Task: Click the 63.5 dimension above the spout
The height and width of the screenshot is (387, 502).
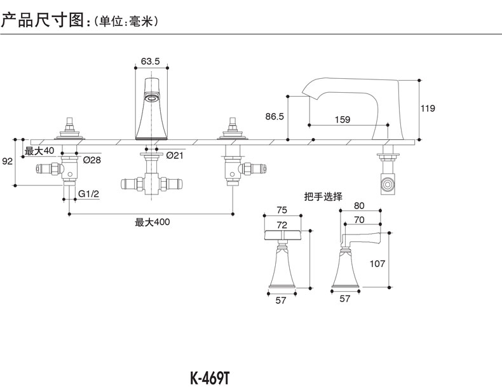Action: click(x=150, y=61)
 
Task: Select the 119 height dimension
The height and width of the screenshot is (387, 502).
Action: click(x=428, y=109)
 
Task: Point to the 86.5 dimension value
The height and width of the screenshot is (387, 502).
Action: click(x=274, y=117)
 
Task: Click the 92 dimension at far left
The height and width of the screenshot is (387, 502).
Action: click(x=7, y=161)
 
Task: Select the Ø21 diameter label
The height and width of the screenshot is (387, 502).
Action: click(x=175, y=155)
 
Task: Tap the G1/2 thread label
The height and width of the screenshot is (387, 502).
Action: click(x=89, y=193)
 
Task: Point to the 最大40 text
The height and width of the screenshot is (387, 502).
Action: click(x=39, y=151)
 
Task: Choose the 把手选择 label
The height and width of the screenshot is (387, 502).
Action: click(x=323, y=196)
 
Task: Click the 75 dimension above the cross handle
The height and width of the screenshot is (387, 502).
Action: click(x=282, y=211)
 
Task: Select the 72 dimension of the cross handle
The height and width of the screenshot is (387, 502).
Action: click(x=282, y=224)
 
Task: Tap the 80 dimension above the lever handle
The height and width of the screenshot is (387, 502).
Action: click(x=358, y=206)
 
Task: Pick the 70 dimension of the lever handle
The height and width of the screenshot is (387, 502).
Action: click(x=358, y=220)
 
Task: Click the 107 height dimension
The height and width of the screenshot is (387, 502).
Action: click(x=377, y=262)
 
